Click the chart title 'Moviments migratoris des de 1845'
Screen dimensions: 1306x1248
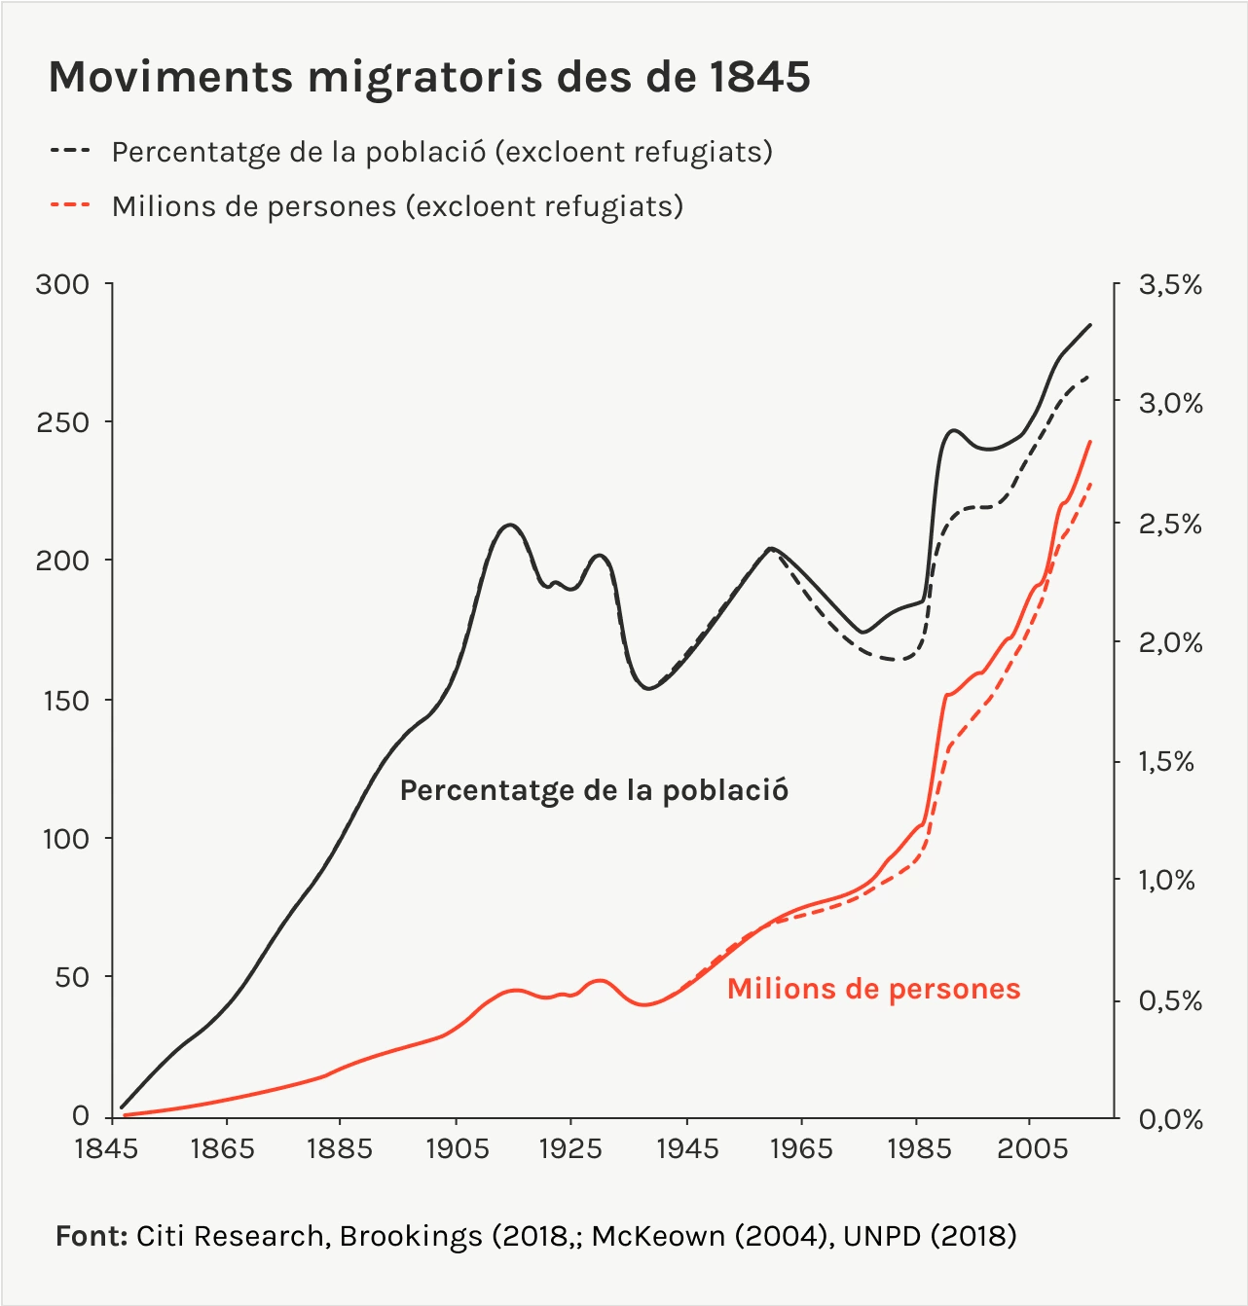coord(429,77)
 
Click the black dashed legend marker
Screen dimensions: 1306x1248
coord(69,152)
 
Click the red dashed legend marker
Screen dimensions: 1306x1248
coord(69,205)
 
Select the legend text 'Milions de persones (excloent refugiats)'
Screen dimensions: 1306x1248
coord(397,206)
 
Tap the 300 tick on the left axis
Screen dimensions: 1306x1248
coord(62,284)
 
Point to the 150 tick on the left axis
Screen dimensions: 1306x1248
coord(66,701)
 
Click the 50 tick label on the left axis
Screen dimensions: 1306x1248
coord(72,977)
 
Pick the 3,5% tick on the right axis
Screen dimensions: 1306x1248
coord(1170,285)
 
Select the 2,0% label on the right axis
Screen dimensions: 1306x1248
coord(1170,642)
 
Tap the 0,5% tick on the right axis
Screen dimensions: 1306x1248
coord(1170,1000)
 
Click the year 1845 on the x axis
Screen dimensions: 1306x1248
coord(107,1148)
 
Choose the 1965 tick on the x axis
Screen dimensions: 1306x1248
coord(800,1148)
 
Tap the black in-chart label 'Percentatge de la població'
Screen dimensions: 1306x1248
coord(594,790)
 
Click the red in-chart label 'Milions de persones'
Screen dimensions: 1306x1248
coord(873,989)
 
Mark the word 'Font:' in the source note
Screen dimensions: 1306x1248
coord(92,1236)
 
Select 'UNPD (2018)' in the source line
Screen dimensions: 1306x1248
coord(930,1236)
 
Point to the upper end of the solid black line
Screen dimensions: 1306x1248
coord(1090,325)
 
